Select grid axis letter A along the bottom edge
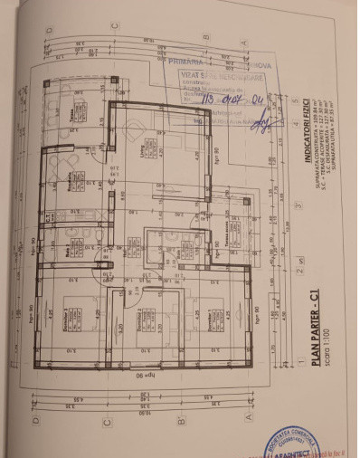pos(247,419)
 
